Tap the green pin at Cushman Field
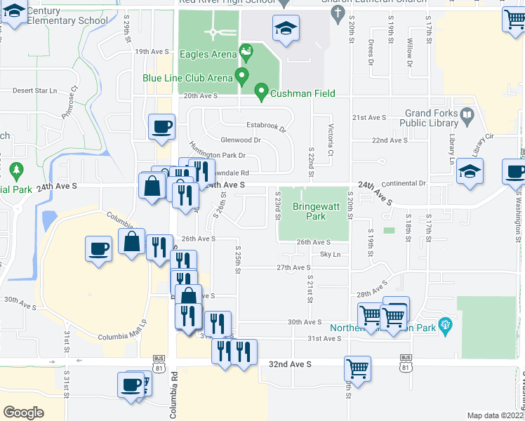261,91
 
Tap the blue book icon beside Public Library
467,114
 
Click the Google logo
23,413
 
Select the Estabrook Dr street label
266,127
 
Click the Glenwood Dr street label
241,140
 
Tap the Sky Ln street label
330,255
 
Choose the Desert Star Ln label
34,91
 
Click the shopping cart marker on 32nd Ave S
358,368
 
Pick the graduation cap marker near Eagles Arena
286,29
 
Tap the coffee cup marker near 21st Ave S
162,126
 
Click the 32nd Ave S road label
289,365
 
